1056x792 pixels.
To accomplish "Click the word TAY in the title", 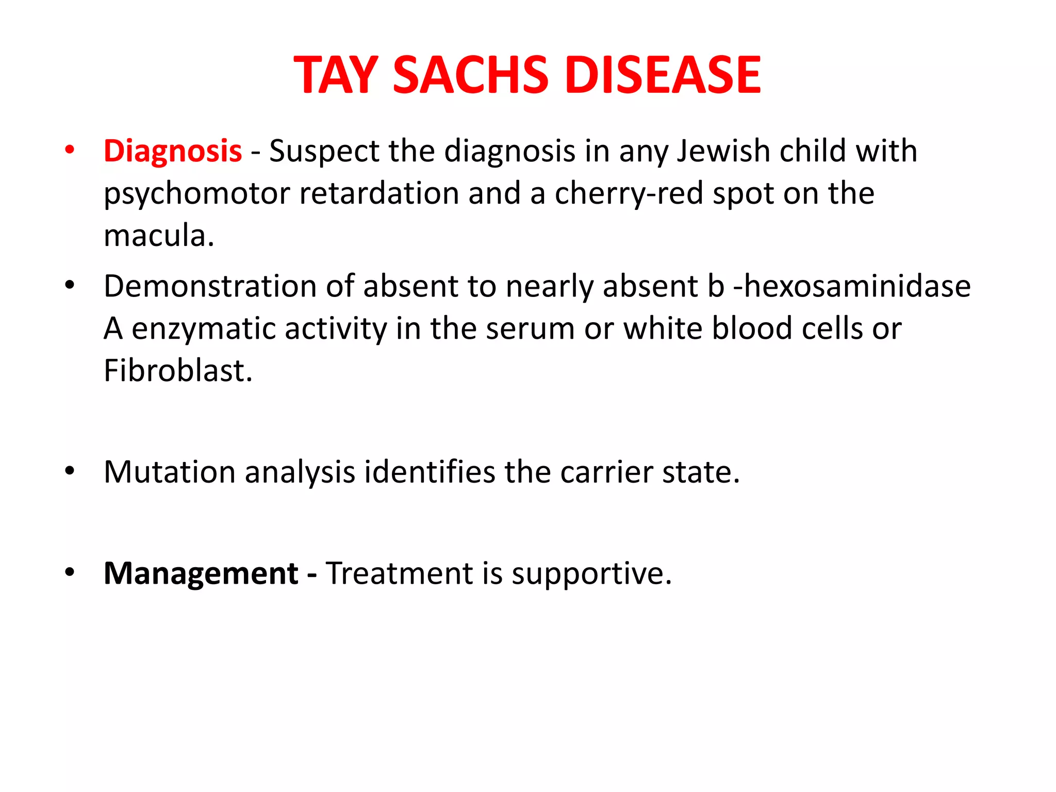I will (x=335, y=75).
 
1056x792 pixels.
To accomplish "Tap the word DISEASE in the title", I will (x=663, y=75).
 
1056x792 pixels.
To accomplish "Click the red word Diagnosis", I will (x=173, y=152).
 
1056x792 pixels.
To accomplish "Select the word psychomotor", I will (x=196, y=194).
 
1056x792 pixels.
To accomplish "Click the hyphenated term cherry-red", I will (x=628, y=194).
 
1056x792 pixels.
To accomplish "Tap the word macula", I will (x=158, y=236).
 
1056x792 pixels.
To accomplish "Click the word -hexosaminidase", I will (x=852, y=286).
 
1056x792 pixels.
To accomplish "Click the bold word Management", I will (x=201, y=573).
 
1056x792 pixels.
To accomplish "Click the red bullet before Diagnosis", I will (x=70, y=150).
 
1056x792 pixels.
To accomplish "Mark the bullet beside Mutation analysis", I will (x=70, y=471).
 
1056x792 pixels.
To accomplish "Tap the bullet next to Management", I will (x=70, y=572).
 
